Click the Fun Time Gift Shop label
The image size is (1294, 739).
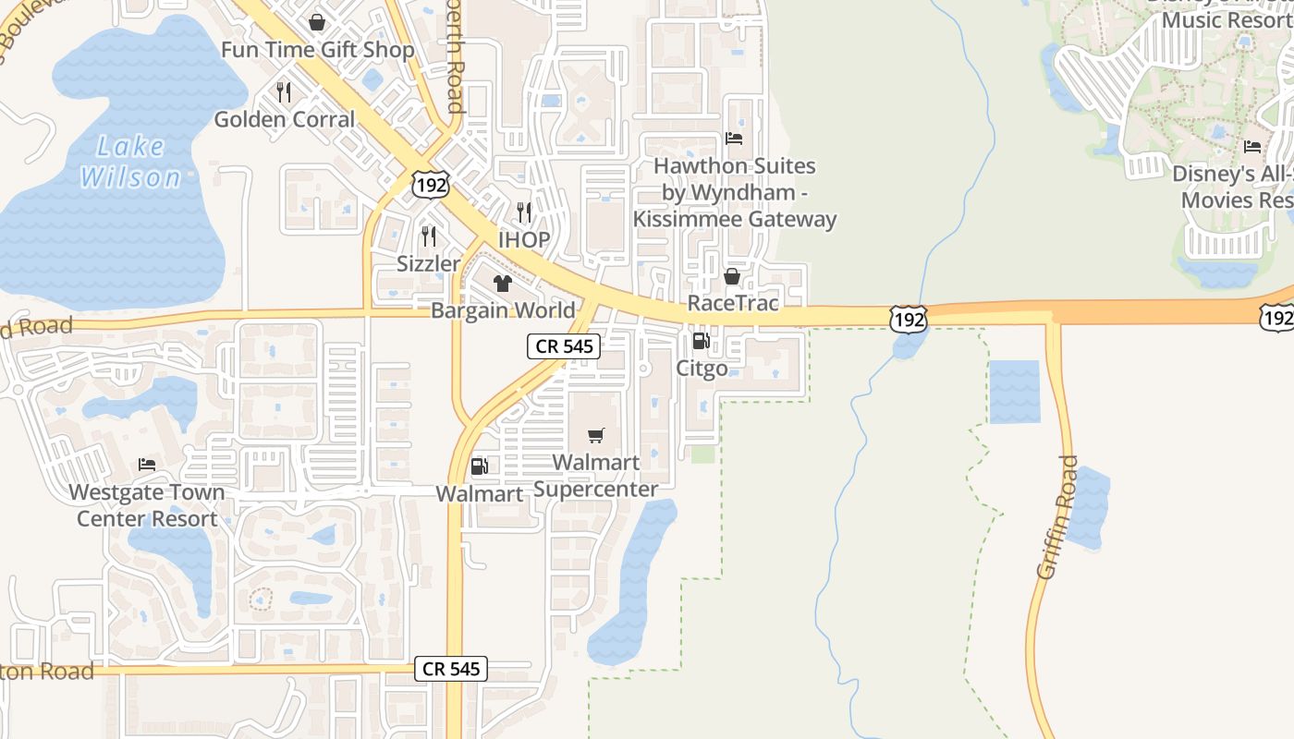pos(317,50)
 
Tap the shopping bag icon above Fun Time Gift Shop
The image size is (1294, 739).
pos(317,21)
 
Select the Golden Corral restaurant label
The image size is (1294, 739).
pos(285,119)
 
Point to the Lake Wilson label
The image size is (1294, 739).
pos(130,161)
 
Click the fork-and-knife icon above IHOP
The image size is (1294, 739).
pos(524,212)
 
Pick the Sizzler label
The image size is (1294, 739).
pos(428,264)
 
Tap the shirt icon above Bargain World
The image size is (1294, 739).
pos(502,283)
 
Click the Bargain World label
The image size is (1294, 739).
pos(503,310)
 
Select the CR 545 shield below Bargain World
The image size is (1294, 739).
pos(564,347)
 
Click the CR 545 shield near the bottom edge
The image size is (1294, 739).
pos(450,669)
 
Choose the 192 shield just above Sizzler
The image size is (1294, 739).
pos(432,185)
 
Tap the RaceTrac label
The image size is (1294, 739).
pos(733,304)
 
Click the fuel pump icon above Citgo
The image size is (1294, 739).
pos(701,341)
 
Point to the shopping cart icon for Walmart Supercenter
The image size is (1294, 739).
pos(596,435)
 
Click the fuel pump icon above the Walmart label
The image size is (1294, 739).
pos(479,466)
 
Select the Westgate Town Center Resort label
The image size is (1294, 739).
pos(147,505)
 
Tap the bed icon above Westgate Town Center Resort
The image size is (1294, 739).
pos(146,464)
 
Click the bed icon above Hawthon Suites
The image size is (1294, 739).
pos(734,139)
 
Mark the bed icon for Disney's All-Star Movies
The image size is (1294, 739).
pos(1252,146)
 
